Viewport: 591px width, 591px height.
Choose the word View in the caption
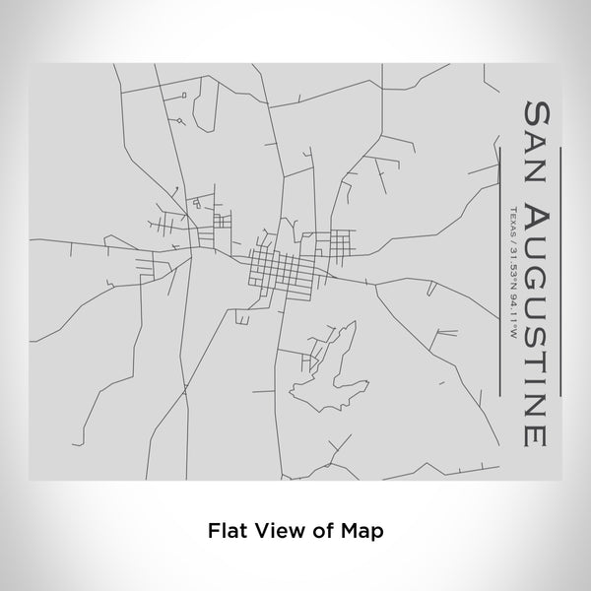(x=274, y=529)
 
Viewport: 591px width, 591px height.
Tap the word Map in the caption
(x=363, y=529)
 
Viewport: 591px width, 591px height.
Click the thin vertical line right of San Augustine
(x=558, y=266)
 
